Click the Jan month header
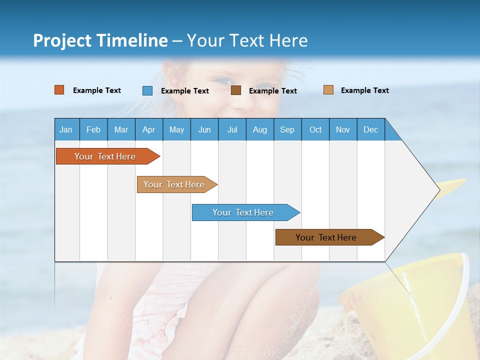[x=66, y=129]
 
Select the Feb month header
[x=93, y=129]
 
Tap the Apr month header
[x=148, y=129]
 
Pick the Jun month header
[x=204, y=129]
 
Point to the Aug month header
[x=260, y=129]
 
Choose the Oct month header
[x=315, y=129]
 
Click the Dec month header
[x=371, y=129]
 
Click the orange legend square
[x=59, y=90]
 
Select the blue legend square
[x=147, y=90]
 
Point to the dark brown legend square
[x=236, y=90]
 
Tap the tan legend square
[x=328, y=90]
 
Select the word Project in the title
[x=62, y=40]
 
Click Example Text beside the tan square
[x=364, y=90]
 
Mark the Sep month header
[x=287, y=129]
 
